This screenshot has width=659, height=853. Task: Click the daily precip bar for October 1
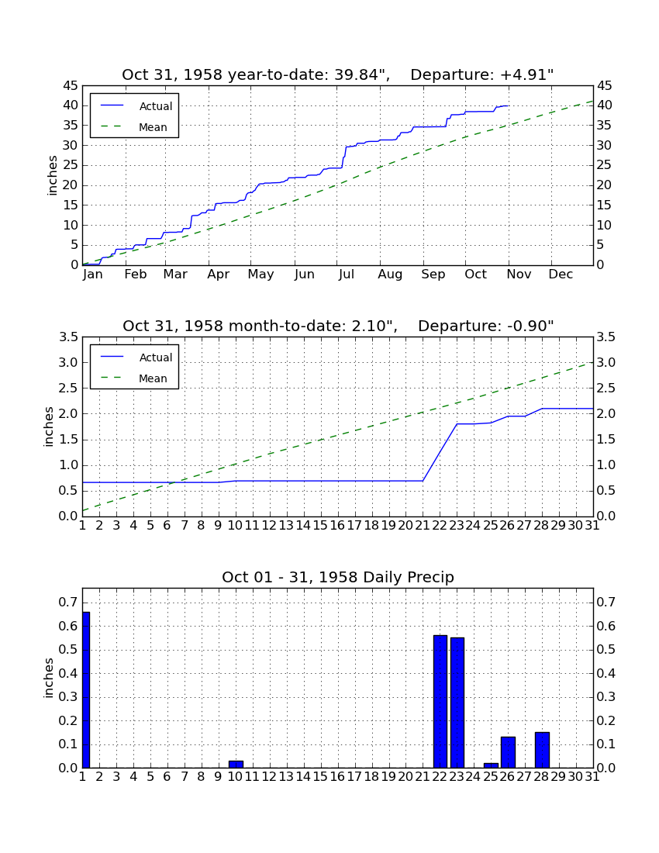coord(86,690)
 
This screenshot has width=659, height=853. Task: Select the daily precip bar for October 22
coord(440,702)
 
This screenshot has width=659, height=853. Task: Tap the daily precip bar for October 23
coord(457,703)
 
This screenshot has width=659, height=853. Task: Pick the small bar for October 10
coord(236,765)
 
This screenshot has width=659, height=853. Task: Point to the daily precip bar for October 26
coord(508,752)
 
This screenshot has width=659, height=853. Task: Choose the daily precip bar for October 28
coord(542,750)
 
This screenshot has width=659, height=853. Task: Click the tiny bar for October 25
coord(491,765)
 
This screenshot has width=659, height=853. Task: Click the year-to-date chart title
coord(338,74)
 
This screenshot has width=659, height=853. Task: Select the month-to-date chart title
coord(338,326)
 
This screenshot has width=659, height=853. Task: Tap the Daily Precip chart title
coord(338,577)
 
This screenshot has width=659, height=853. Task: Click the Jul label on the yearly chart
coord(347,275)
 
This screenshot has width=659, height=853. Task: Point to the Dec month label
coord(561,275)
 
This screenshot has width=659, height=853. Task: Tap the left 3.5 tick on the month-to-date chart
coord(68,337)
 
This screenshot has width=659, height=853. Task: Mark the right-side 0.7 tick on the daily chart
coord(606,602)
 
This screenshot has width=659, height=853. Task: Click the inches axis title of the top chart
coord(52,175)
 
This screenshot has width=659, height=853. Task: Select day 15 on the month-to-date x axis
coord(320,526)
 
